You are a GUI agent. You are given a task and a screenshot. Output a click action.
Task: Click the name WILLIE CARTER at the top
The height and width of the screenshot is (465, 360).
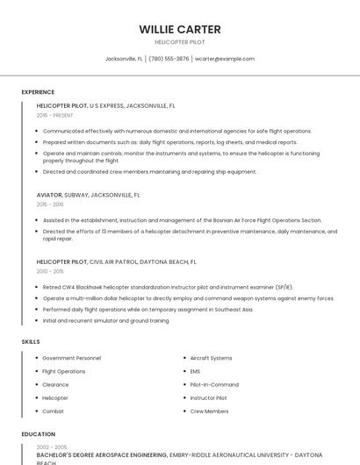coord(179,29)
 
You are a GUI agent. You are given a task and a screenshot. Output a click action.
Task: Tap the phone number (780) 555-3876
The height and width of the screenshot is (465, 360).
coord(169,59)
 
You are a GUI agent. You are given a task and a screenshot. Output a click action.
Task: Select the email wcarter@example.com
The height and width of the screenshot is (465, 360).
coord(225,59)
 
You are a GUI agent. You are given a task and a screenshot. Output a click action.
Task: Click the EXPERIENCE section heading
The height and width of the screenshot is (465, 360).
coord(38,92)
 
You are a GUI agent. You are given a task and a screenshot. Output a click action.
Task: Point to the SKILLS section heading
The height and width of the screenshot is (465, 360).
coord(31,340)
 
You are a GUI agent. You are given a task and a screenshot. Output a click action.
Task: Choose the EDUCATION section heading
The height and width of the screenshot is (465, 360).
coord(38,434)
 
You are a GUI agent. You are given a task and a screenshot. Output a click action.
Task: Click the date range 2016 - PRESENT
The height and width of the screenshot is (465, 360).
coord(55,115)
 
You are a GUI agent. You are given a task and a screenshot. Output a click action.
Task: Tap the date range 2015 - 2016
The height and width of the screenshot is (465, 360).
coord(50,204)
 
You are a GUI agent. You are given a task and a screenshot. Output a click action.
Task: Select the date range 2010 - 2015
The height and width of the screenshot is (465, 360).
coord(50,270)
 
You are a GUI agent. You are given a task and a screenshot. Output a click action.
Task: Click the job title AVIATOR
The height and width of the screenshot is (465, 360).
coord(49,195)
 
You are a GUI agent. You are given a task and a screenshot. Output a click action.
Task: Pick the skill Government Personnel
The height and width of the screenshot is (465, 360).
coord(71,358)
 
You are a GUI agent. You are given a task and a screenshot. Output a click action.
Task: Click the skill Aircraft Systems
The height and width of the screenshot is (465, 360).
coord(211,358)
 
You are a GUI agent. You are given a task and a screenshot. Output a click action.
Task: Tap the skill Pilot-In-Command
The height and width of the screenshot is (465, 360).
coord(214,384)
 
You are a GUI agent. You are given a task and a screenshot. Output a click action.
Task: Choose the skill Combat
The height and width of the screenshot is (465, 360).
coord(53,411)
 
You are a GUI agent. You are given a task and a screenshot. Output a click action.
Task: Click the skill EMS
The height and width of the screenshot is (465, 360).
coord(195,371)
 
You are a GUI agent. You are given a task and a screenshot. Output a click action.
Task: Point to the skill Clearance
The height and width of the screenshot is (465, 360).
coord(55,384)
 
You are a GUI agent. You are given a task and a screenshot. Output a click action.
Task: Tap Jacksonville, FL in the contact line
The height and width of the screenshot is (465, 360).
coord(124,59)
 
